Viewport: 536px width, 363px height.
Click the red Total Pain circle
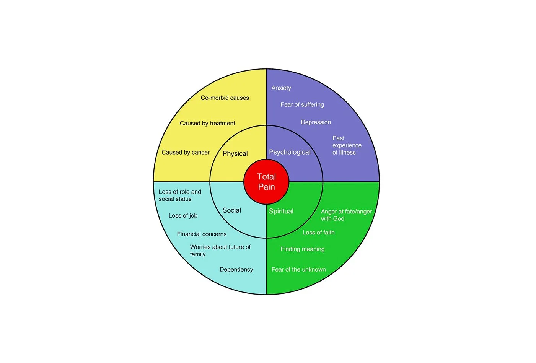pyautogui.click(x=266, y=182)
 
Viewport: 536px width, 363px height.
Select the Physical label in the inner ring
pyautogui.click(x=235, y=154)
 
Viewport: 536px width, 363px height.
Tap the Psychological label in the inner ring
pyautogui.click(x=290, y=152)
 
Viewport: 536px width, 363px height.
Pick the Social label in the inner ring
pyautogui.click(x=231, y=210)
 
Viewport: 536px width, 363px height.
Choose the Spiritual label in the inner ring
pyautogui.click(x=281, y=211)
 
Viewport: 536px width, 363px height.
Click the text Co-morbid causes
pyautogui.click(x=225, y=98)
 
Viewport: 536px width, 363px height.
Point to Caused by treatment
pyautogui.click(x=207, y=123)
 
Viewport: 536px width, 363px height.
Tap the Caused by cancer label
pyautogui.click(x=186, y=152)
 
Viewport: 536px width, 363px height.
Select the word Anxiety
pyautogui.click(x=281, y=88)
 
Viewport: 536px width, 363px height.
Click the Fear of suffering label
pyautogui.click(x=302, y=105)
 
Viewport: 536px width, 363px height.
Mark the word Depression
pyautogui.click(x=316, y=122)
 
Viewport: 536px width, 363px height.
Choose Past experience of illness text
pyautogui.click(x=346, y=145)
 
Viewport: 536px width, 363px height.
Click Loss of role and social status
pyautogui.click(x=179, y=195)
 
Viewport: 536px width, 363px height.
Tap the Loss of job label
pyautogui.click(x=183, y=216)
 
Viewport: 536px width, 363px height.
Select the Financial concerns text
pyautogui.click(x=202, y=234)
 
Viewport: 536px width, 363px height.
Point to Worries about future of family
pyautogui.click(x=220, y=251)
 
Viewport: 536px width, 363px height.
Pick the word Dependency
pyautogui.click(x=236, y=270)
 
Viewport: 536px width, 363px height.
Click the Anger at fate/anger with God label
pyautogui.click(x=346, y=215)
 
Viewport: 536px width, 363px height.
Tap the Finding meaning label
pyautogui.click(x=302, y=249)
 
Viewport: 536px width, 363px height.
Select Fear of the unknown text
pyautogui.click(x=298, y=270)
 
